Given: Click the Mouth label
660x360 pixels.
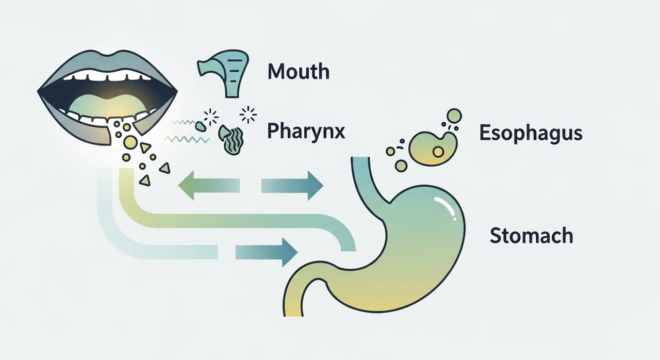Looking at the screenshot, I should click(x=298, y=71).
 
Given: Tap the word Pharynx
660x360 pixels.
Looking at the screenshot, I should click(x=305, y=132).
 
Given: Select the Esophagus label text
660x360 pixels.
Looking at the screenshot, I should click(x=531, y=133).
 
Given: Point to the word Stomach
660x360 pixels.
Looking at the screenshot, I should click(x=531, y=236).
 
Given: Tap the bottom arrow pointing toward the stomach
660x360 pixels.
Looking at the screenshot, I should click(x=266, y=252).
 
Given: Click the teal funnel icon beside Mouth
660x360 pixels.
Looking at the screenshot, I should click(x=220, y=76).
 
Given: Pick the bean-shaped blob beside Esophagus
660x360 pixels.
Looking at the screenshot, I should click(x=433, y=146).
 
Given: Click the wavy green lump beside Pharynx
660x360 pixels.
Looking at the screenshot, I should click(x=232, y=140).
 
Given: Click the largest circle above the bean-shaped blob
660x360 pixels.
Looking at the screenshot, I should click(x=453, y=115).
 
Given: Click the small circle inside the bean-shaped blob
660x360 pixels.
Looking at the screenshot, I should click(x=439, y=152).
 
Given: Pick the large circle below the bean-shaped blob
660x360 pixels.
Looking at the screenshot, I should click(x=402, y=166).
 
